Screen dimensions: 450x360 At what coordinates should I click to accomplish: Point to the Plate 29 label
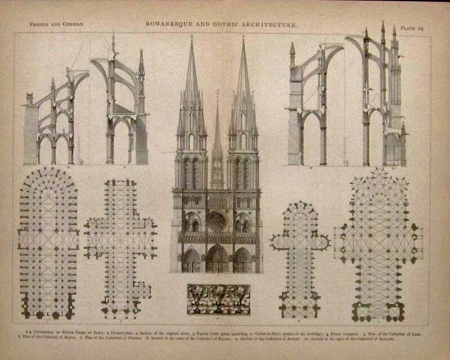click(412, 26)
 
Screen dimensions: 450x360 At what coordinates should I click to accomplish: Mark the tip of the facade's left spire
click(191, 38)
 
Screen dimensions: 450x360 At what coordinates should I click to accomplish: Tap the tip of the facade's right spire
click(244, 38)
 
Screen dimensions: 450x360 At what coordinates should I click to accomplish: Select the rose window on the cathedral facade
click(217, 222)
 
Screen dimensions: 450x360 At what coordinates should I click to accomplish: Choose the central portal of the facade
click(217, 260)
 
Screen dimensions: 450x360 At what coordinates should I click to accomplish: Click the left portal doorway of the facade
click(191, 262)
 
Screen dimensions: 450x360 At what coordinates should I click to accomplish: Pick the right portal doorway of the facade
click(242, 262)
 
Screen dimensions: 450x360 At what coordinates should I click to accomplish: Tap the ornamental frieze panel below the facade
click(218, 299)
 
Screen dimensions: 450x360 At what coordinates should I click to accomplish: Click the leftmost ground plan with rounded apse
click(48, 242)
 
